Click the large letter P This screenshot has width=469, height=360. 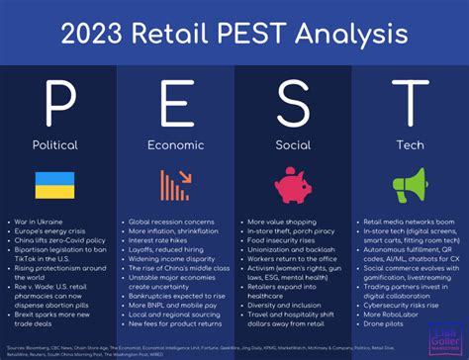click(x=60, y=102)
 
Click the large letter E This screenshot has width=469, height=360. click(x=175, y=102)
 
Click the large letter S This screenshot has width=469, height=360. click(x=293, y=102)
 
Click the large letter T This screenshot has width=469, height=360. click(x=409, y=102)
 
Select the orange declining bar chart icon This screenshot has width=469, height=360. click(x=175, y=185)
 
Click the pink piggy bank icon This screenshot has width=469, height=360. click(x=293, y=185)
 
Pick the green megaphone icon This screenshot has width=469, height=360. click(x=409, y=185)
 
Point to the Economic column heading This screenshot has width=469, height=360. click(x=175, y=143)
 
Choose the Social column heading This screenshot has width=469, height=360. click(x=293, y=143)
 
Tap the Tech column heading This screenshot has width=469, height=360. click(x=409, y=143)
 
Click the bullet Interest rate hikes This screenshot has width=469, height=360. click(x=158, y=240)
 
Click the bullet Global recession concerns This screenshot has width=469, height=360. click(x=172, y=223)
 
